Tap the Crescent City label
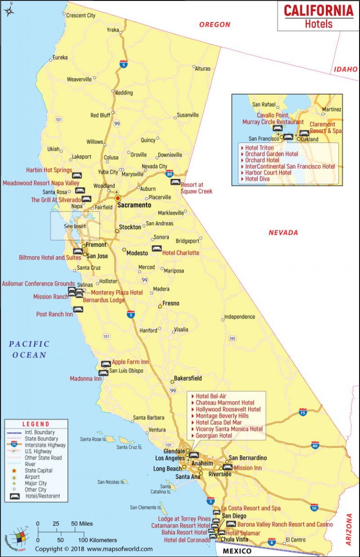pyautogui.click(x=81, y=15)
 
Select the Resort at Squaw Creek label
pyautogui.click(x=196, y=188)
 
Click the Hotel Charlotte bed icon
pyautogui.click(x=156, y=249)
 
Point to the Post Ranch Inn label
pyautogui.click(x=54, y=314)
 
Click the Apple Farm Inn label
pyautogui.click(x=130, y=362)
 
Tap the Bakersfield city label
pyautogui.click(x=188, y=378)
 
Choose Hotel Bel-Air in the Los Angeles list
pyautogui.click(x=211, y=396)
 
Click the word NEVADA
pyautogui.click(x=283, y=232)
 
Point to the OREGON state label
pyautogui.click(x=215, y=24)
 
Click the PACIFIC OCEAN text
pyautogui.click(x=29, y=349)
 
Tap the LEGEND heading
pyautogui.click(x=36, y=424)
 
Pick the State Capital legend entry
pyautogui.click(x=38, y=470)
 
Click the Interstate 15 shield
pyautogui.click(x=303, y=412)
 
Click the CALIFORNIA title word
pyautogui.click(x=318, y=11)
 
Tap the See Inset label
pyautogui.click(x=75, y=226)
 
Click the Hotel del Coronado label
pyautogui.click(x=187, y=540)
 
